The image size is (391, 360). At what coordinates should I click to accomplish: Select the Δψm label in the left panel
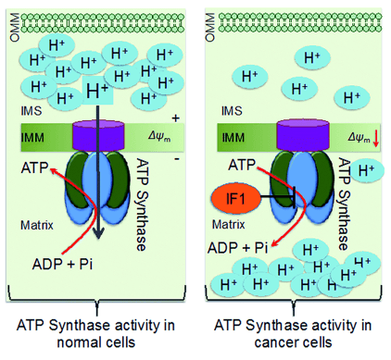click(x=158, y=139)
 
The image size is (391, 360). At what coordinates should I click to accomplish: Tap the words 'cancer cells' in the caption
click(x=296, y=341)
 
